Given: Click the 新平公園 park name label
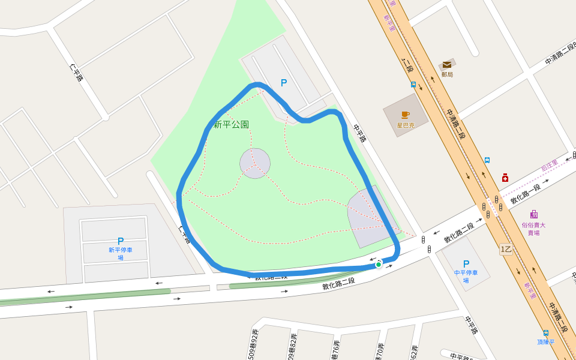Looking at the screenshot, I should (x=231, y=125).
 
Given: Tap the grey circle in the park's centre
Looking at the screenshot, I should (x=255, y=163).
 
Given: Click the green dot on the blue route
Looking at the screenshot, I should (x=379, y=264).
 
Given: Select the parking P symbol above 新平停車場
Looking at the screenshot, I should (x=121, y=241).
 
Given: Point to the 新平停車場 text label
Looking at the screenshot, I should (x=121, y=254).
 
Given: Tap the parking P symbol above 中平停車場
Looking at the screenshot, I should (x=466, y=263).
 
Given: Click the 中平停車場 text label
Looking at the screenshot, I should (x=466, y=276).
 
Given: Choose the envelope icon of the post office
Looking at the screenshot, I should (x=447, y=65).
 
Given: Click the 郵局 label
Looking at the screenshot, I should (x=447, y=74).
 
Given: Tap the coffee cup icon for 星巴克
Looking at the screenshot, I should (x=406, y=115).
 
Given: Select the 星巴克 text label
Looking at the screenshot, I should (x=406, y=125).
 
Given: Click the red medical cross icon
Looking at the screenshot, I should (x=505, y=178).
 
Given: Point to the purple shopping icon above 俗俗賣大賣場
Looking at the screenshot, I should (x=534, y=214).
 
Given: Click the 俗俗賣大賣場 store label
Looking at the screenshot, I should (x=533, y=229).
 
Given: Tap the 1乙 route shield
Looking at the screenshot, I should (x=506, y=248).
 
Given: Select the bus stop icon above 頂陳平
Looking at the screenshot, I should (x=545, y=333).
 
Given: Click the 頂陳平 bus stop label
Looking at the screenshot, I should (x=546, y=342).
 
